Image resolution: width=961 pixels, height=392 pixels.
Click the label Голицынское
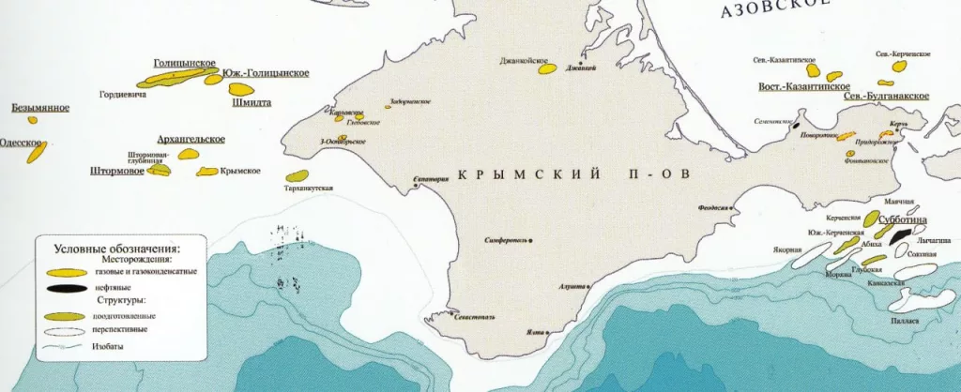tap(184, 63)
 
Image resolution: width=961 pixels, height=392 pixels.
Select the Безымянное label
tap(40, 108)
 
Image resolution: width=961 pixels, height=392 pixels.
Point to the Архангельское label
tap(191, 139)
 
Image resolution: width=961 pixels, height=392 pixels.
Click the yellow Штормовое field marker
tap(160, 170)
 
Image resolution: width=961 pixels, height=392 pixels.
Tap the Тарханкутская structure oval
tap(297, 175)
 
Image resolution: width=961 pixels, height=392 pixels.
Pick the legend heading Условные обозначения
tap(109, 249)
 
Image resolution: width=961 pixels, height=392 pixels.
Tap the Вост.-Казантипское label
tap(797, 87)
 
